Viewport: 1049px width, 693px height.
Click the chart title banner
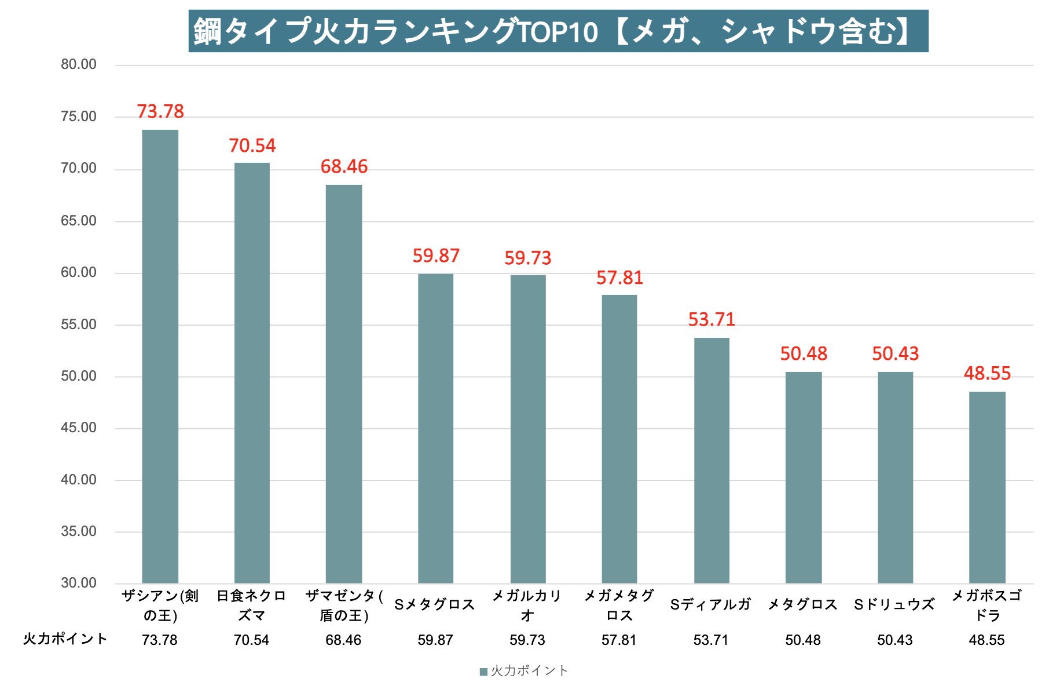tap(558, 31)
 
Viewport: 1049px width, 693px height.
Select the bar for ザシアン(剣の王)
tap(160, 356)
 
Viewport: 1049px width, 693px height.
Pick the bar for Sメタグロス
tap(435, 428)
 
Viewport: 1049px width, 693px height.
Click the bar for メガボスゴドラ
tap(987, 487)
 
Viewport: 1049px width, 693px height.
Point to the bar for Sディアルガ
tap(711, 460)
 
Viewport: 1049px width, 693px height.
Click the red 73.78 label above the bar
tap(160, 111)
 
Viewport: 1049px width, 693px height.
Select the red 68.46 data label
tap(344, 167)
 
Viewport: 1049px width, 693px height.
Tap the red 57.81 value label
tap(619, 278)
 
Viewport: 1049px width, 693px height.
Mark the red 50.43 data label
tap(895, 353)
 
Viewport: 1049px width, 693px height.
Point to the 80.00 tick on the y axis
tap(79, 64)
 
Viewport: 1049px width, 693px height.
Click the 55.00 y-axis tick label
tap(79, 324)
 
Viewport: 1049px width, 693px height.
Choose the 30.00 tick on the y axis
tap(79, 583)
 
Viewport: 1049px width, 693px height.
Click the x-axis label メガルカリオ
tap(527, 605)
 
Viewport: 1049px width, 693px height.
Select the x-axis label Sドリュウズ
tap(894, 605)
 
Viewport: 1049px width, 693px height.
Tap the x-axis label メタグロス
tap(803, 605)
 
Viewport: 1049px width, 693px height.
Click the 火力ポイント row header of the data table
tap(65, 639)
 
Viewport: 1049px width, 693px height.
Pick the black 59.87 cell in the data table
tap(435, 640)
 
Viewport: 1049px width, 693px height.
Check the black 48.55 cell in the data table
tap(987, 640)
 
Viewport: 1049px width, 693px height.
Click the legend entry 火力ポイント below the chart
tap(524, 671)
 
